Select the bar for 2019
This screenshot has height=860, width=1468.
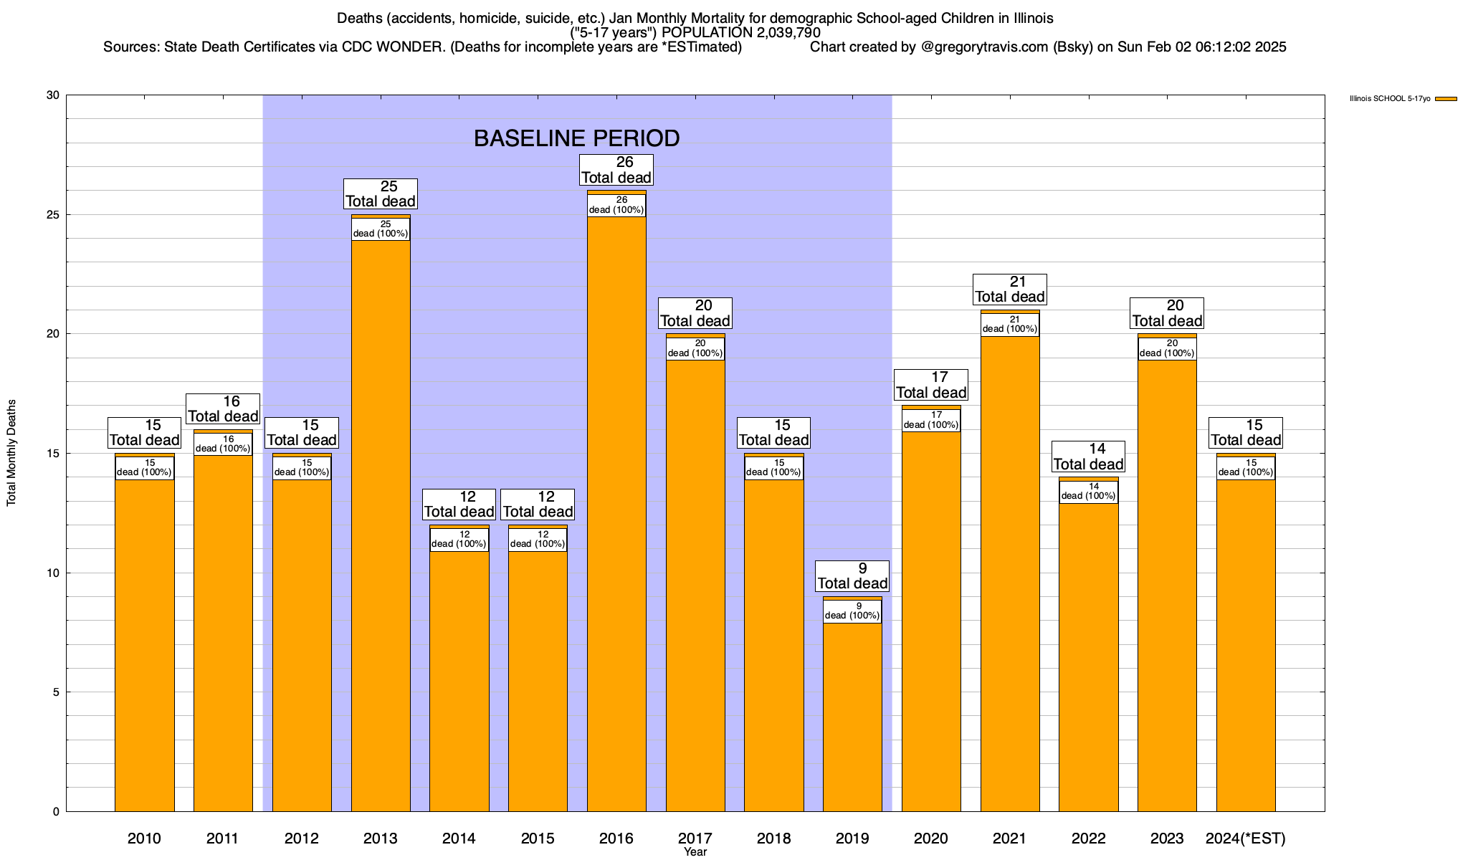point(852,717)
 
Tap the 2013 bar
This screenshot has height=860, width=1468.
point(381,523)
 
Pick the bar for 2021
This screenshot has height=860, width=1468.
point(1010,573)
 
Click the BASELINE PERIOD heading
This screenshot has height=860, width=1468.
point(577,138)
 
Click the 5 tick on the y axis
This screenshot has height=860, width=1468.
point(57,692)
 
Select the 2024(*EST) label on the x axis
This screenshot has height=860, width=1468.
point(1246,838)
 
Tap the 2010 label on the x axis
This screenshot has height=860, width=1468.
point(144,838)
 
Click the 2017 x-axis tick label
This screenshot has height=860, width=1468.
point(695,838)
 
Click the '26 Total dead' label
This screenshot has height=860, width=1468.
point(616,170)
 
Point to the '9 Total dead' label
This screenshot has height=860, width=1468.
point(852,576)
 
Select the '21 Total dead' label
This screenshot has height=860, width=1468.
point(1010,290)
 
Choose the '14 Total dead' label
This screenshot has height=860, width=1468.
point(1088,457)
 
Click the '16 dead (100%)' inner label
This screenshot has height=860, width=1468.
point(223,444)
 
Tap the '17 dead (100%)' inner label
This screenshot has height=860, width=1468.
point(931,420)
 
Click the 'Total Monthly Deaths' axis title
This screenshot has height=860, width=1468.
point(11,453)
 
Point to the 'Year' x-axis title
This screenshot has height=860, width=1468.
point(695,851)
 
